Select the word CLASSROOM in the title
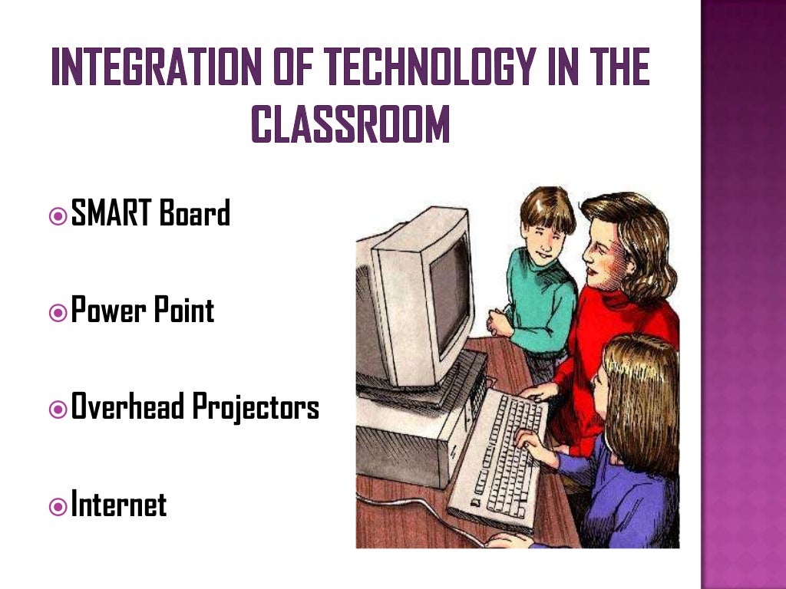point(350,125)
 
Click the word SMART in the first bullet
point(111,213)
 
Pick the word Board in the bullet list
point(195,213)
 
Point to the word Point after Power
point(183,311)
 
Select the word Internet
point(119,505)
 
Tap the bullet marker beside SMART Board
point(57,216)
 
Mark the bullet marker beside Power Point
point(57,312)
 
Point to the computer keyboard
point(503,452)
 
